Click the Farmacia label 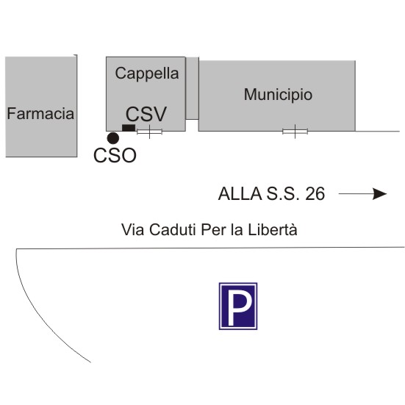(x=40, y=114)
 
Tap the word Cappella (x=147, y=74)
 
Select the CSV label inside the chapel (x=146, y=114)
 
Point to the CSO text (x=115, y=156)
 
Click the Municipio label (x=278, y=94)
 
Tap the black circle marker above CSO (x=113, y=138)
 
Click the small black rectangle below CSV (x=129, y=128)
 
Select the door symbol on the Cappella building (x=149, y=132)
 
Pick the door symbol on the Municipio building (x=295, y=132)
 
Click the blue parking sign (x=238, y=306)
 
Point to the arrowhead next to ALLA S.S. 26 (x=380, y=194)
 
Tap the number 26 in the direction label (x=315, y=194)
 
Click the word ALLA (x=240, y=194)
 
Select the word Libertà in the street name (x=273, y=229)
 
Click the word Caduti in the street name (x=173, y=229)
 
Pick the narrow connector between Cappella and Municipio (x=192, y=88)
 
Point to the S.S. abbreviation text (x=283, y=194)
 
